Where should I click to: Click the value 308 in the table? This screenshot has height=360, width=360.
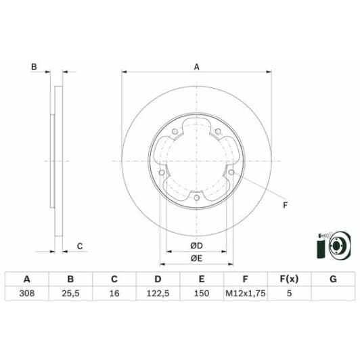[27, 294]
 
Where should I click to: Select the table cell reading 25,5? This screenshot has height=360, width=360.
[70, 294]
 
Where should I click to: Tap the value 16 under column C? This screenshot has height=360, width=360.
[114, 294]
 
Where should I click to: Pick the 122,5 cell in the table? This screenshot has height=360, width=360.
[158, 294]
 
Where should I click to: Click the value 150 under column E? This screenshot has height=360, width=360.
[202, 294]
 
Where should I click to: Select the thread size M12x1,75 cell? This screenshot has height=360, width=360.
[245, 294]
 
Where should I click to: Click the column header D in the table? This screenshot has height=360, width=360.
[158, 279]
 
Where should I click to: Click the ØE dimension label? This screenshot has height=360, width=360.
[197, 260]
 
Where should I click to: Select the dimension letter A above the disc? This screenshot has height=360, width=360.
[197, 66]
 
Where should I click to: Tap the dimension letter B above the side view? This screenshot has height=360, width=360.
[33, 66]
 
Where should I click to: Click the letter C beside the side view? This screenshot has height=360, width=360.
[79, 246]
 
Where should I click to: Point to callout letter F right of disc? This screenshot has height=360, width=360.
[285, 205]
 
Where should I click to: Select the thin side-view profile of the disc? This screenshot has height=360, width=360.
[57, 160]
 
